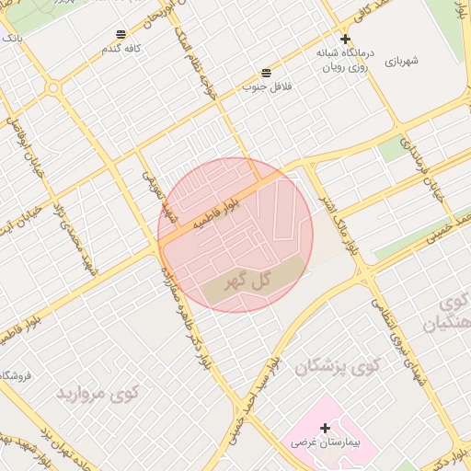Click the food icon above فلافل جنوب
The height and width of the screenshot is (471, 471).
click(266, 72)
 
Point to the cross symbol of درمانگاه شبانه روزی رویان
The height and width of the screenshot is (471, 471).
click(345, 39)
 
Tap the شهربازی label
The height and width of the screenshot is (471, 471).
click(403, 61)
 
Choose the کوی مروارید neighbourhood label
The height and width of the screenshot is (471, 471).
click(98, 394)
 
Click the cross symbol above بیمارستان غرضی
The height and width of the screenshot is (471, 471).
click(325, 428)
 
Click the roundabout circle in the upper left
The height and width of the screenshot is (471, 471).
click(53, 88)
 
